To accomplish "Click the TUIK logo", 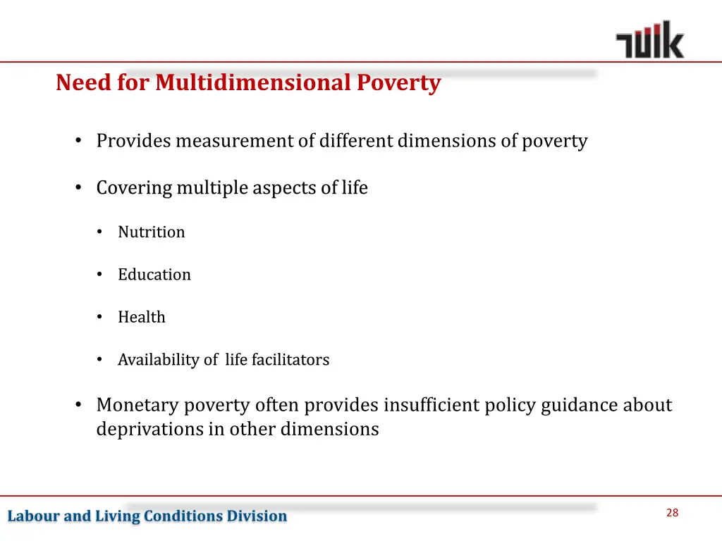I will [x=649, y=40].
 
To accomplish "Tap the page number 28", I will [x=672, y=513].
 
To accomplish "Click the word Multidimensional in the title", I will [x=252, y=83].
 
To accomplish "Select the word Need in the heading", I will [x=74, y=83].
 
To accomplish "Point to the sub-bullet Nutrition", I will [x=151, y=232].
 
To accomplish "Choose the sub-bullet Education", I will [x=154, y=275].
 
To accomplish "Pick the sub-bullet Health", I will [x=141, y=318].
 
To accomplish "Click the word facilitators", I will [x=290, y=360].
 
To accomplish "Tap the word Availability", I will [x=158, y=360].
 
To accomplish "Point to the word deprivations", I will [x=149, y=430].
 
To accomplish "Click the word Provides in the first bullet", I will [x=133, y=141].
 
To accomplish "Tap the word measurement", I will [x=235, y=141].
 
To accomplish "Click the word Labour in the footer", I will [x=33, y=516].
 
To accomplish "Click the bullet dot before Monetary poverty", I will [x=79, y=406].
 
